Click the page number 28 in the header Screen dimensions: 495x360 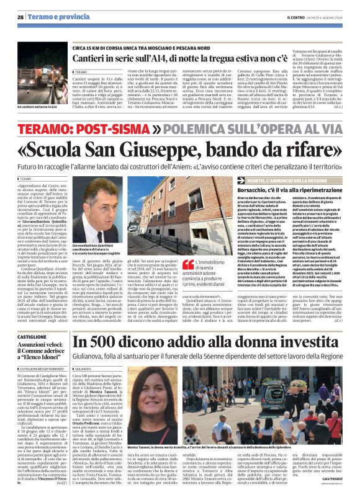tap(20, 17)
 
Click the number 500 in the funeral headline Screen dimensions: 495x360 tap(107, 344)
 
